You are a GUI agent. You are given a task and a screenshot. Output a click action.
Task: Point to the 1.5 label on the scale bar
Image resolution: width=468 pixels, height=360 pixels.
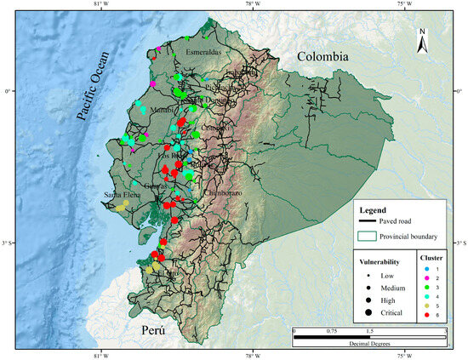point(368,329)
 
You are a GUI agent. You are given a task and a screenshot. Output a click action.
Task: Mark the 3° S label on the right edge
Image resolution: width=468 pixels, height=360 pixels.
point(460,245)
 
